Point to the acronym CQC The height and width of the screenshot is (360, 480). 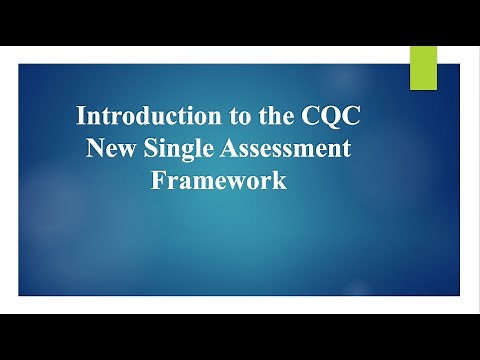point(320,116)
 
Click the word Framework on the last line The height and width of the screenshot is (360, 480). point(219,182)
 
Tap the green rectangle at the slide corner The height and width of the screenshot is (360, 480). point(424,66)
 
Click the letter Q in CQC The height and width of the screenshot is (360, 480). point(320,116)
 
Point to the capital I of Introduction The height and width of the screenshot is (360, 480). point(82,116)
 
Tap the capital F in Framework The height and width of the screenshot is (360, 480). point(158,182)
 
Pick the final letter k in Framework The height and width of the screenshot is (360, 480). point(281,182)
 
